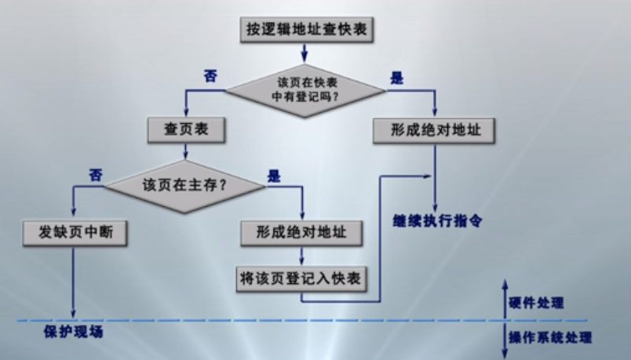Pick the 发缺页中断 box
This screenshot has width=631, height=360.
tap(74, 233)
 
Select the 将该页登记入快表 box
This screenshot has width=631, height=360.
tap(303, 278)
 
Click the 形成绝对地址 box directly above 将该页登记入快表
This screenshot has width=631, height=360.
tap(303, 233)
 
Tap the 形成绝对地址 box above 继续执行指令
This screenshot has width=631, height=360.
tap(432, 130)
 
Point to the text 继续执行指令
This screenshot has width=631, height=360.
tap(437, 220)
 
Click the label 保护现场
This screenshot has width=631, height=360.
tap(73, 332)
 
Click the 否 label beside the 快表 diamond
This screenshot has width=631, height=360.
tap(210, 76)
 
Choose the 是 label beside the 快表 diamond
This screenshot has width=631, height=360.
tap(396, 77)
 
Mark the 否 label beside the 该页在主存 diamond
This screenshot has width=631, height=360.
tap(96, 174)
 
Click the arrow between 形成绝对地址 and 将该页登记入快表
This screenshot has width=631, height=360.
tap(303, 255)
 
